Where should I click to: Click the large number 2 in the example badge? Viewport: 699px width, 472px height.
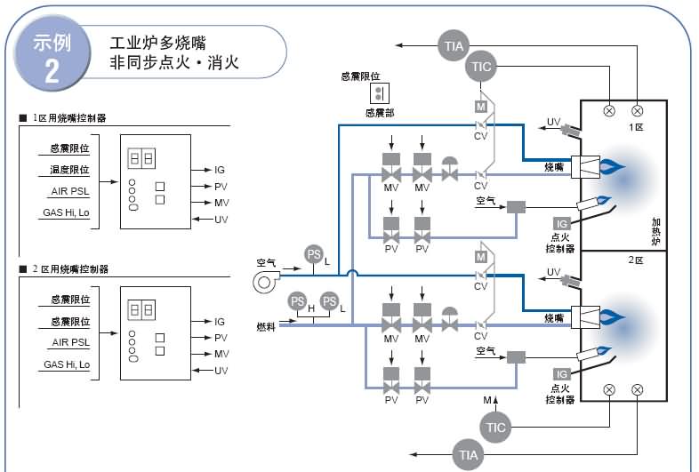(x=52, y=71)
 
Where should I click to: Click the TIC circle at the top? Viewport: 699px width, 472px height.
(x=481, y=67)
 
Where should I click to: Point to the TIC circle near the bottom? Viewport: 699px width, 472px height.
(x=496, y=427)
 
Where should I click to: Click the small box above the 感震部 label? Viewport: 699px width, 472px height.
(x=380, y=93)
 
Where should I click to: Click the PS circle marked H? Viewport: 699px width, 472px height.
(x=298, y=301)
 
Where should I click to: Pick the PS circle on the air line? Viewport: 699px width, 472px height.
(x=313, y=253)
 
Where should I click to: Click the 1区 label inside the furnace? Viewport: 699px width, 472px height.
(x=635, y=128)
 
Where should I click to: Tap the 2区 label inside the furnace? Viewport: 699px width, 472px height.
(x=635, y=260)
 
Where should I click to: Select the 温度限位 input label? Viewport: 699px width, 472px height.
(x=68, y=169)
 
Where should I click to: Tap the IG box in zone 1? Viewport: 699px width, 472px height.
(x=561, y=224)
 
